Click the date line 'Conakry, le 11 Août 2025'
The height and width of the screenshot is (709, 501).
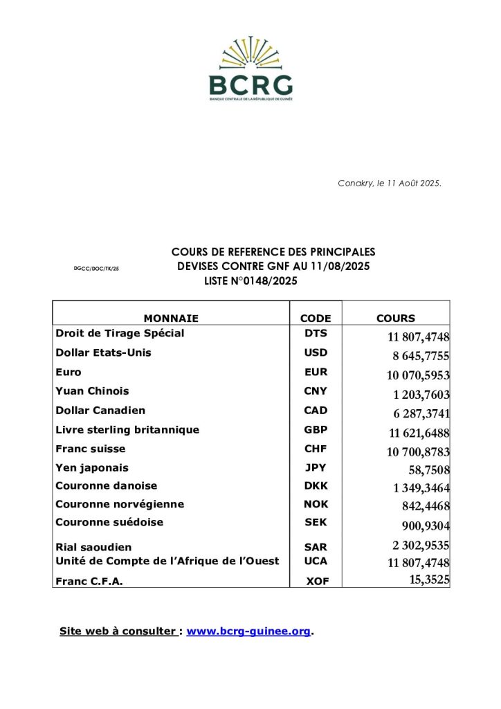point(390,183)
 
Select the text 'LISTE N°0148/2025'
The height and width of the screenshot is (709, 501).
point(253,281)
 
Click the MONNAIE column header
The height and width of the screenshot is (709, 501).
point(171,318)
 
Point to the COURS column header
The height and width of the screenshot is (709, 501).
point(396,318)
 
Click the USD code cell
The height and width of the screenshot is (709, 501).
point(316,352)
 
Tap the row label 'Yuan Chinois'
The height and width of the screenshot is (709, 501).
point(92,391)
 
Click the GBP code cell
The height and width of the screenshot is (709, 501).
point(316,430)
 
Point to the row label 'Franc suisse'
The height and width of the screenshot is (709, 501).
point(91,449)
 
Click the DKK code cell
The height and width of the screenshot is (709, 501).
point(316,486)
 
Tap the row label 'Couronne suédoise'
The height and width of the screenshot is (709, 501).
point(109,522)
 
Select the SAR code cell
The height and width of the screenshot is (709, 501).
point(316,547)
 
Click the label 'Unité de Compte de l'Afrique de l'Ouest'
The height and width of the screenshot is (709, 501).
point(167,561)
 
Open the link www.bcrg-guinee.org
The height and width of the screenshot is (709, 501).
point(248,631)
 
